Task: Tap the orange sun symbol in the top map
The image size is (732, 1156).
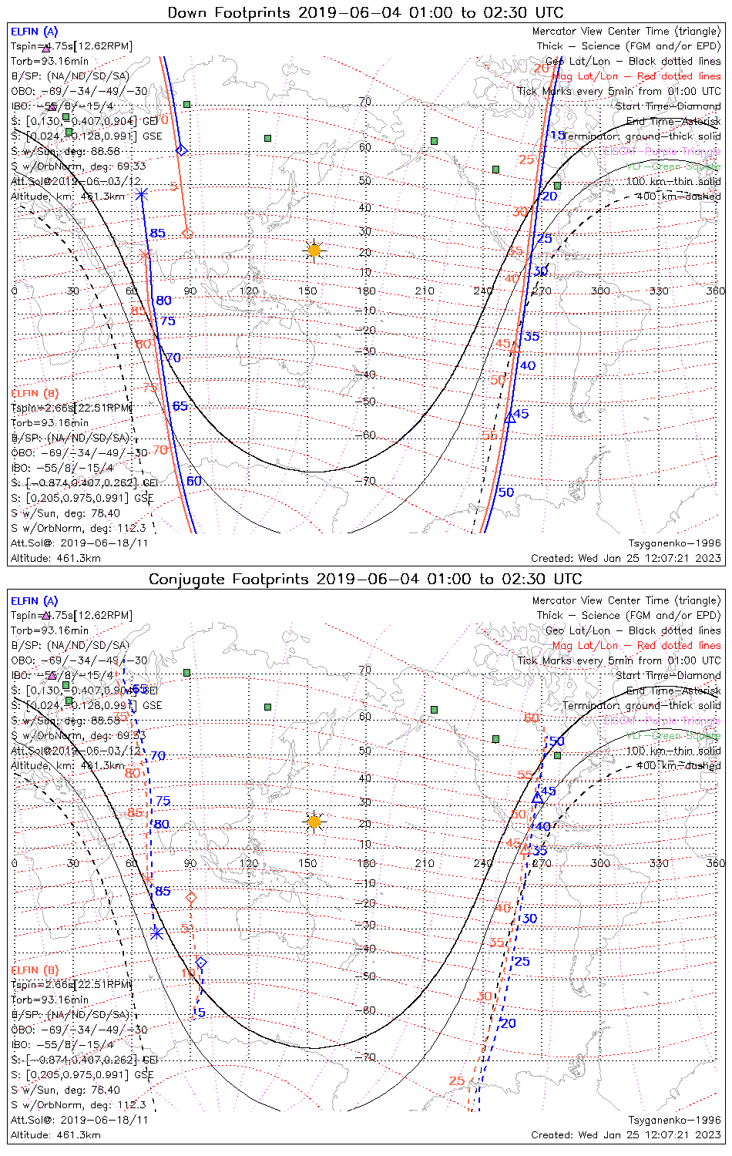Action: point(314,250)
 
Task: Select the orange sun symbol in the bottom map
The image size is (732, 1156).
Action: point(314,822)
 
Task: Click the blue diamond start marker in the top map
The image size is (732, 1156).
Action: point(181,150)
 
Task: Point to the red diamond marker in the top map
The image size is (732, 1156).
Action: point(187,233)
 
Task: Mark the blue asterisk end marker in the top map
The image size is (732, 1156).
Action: point(141,194)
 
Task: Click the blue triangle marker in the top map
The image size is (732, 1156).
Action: point(509,418)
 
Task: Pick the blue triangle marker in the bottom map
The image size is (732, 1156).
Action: point(538,798)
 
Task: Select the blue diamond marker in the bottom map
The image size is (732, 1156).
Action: point(201,963)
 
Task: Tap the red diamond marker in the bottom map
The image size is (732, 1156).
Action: point(191,898)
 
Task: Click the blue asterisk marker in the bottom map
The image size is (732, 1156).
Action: point(156,933)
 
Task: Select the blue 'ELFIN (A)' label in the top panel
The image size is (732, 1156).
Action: point(34,32)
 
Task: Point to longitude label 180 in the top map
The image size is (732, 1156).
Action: point(366,291)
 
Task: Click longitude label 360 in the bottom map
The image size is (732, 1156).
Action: point(715,863)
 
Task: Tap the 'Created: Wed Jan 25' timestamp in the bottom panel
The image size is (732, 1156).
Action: point(626,1134)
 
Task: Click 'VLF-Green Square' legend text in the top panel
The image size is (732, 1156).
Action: point(673,166)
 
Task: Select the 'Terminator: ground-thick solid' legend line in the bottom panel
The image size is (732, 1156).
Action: point(641,706)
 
